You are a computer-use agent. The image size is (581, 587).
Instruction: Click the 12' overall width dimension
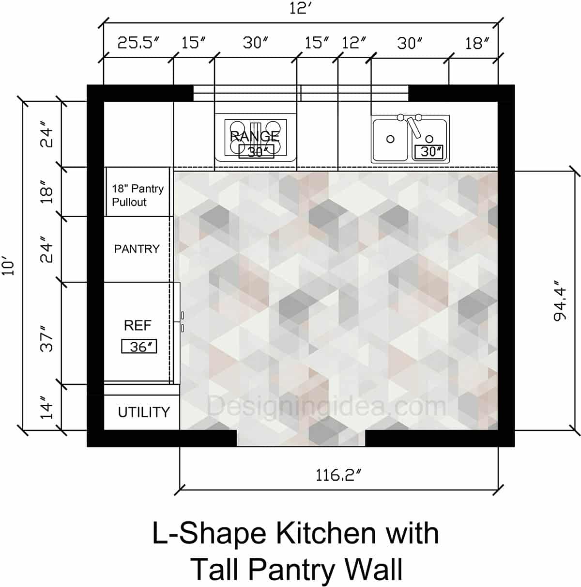pyautogui.click(x=300, y=9)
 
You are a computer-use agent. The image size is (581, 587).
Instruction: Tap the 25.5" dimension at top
pyautogui.click(x=138, y=43)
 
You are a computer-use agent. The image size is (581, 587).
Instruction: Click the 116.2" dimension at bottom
pyautogui.click(x=339, y=475)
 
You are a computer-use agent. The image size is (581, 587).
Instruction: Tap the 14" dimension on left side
pyautogui.click(x=47, y=410)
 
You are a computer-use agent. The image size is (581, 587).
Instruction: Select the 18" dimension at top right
pyautogui.click(x=474, y=43)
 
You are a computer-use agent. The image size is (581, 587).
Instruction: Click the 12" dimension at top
pyautogui.click(x=353, y=43)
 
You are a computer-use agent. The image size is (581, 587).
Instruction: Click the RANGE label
pyautogui.click(x=255, y=136)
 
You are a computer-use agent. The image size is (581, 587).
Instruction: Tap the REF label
pyautogui.click(x=138, y=325)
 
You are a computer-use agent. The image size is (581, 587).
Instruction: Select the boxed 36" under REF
pyautogui.click(x=139, y=347)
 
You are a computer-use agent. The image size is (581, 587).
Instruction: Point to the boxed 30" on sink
pyautogui.click(x=429, y=152)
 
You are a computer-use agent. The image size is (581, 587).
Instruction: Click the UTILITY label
pyautogui.click(x=144, y=412)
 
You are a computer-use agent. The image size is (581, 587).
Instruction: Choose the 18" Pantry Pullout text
pyautogui.click(x=138, y=195)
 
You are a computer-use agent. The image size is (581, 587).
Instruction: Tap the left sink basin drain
pyautogui.click(x=390, y=139)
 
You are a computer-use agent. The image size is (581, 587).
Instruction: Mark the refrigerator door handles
pyautogui.click(x=183, y=322)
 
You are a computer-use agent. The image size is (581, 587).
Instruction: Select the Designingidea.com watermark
pyautogui.click(x=327, y=406)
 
